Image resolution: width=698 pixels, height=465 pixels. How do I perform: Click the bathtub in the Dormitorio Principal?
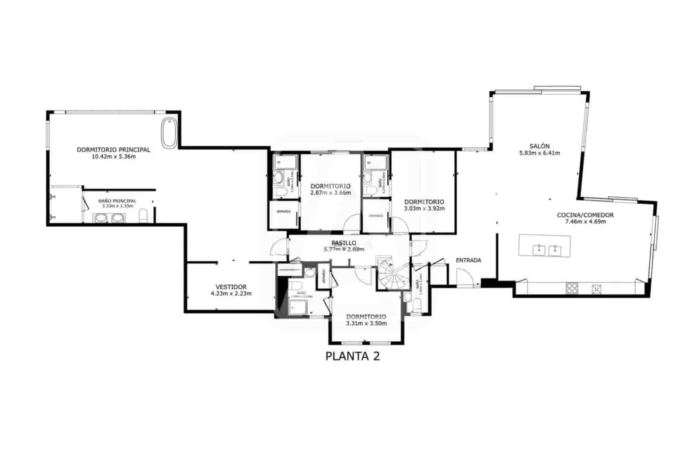click(x=169, y=132)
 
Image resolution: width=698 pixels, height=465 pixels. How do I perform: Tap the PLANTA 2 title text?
click(x=352, y=356)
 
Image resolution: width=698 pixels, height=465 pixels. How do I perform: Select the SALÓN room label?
click(x=539, y=146)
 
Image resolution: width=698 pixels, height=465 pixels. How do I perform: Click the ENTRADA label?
click(x=468, y=260)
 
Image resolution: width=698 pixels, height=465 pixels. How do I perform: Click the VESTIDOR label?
click(x=231, y=287)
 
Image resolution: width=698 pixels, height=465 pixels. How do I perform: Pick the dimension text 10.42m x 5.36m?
click(x=113, y=156)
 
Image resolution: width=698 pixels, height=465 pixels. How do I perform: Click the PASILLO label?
click(x=344, y=243)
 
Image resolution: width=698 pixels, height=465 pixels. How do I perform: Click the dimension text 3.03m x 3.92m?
click(x=424, y=209)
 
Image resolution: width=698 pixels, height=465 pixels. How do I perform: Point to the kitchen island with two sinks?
click(x=544, y=246)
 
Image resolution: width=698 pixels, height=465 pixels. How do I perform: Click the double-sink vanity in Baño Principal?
click(x=108, y=218)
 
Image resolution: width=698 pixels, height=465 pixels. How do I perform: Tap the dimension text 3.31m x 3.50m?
click(x=366, y=323)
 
